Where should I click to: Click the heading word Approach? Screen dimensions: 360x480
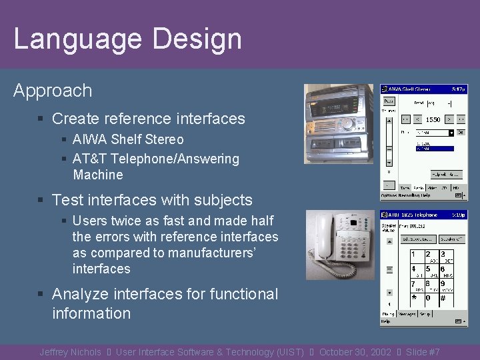(53, 91)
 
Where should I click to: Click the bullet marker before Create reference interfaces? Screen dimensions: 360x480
(41, 119)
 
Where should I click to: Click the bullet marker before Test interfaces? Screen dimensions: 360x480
(41, 201)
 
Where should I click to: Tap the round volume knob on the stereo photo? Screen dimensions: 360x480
(347, 123)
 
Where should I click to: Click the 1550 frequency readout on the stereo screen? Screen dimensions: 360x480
(433, 119)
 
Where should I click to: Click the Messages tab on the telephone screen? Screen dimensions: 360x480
(407, 313)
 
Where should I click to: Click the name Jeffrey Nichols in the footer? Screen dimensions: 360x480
(70, 352)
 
